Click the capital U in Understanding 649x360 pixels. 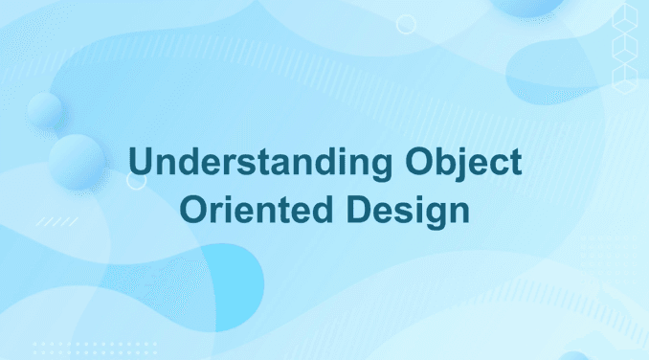point(141,164)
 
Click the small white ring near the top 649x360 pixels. point(406,24)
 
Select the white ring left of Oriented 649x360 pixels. point(136,180)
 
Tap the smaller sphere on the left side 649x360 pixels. point(43,111)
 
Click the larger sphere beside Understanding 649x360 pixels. point(77,161)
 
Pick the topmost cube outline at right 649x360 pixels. point(624,20)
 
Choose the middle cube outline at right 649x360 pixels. point(624,48)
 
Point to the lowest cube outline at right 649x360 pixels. point(624,77)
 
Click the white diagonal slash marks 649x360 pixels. point(57,221)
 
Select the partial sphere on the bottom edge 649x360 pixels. point(573,355)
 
